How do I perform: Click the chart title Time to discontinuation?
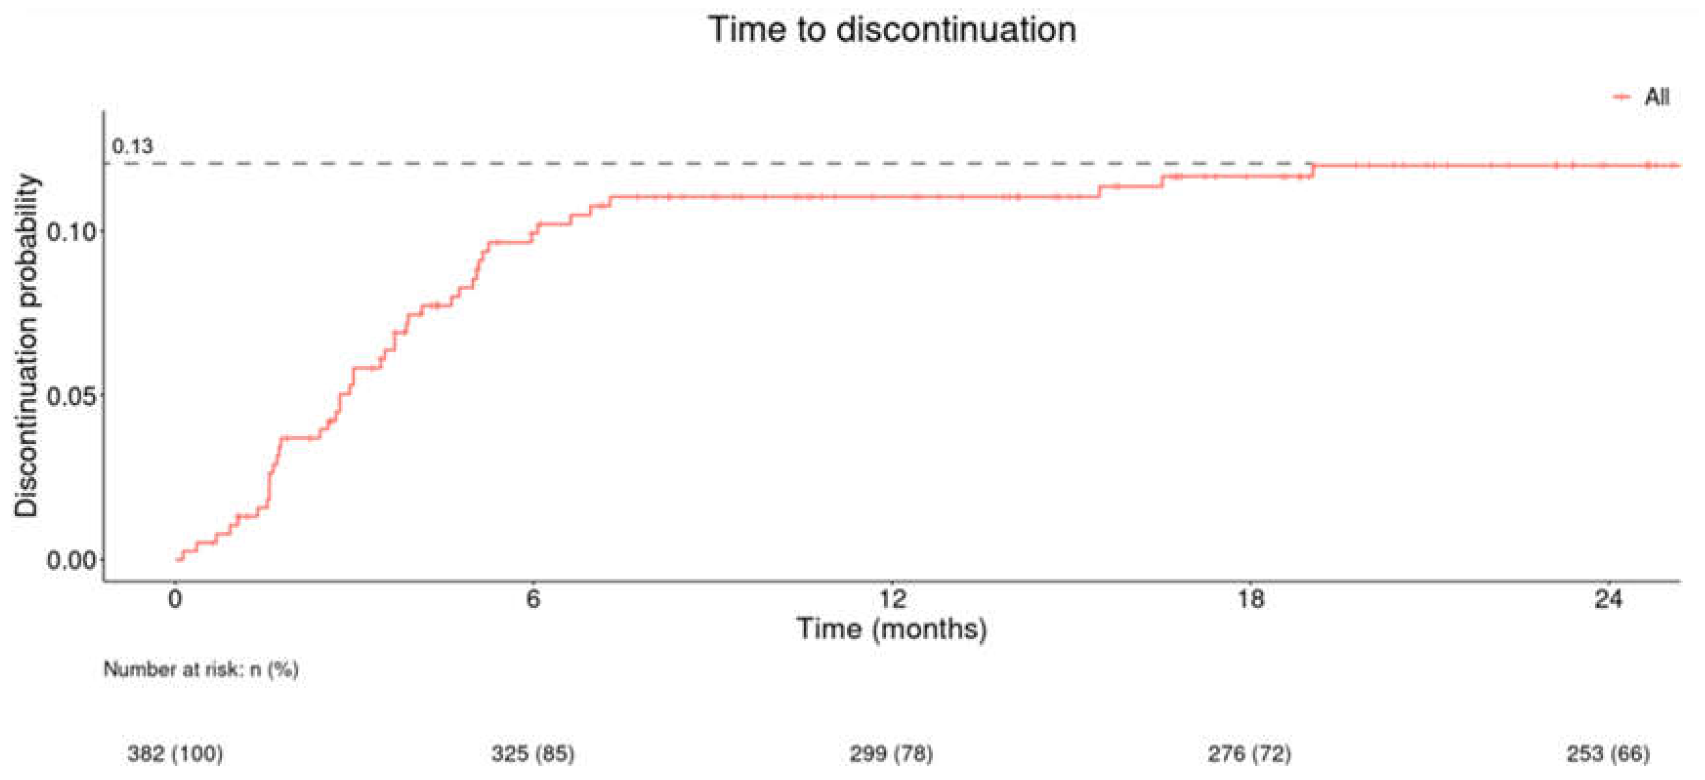click(892, 30)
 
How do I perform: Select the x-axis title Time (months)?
click(892, 628)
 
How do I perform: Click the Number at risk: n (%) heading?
click(201, 670)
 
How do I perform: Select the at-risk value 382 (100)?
click(175, 754)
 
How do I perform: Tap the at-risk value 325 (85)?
click(533, 754)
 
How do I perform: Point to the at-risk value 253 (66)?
click(1608, 754)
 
